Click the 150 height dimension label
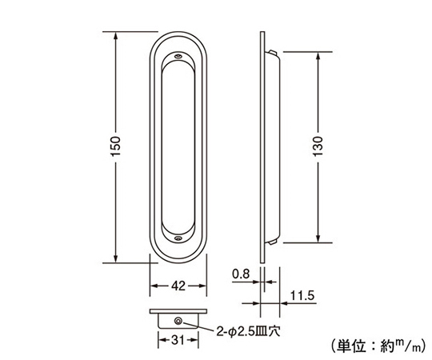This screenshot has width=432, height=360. [x=116, y=146]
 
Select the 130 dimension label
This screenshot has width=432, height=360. [x=318, y=146]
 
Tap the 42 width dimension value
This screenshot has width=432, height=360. [x=178, y=286]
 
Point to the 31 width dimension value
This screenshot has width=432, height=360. [x=178, y=341]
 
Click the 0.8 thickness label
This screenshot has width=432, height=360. [x=241, y=274]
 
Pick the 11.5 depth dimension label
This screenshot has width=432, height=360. [x=302, y=296]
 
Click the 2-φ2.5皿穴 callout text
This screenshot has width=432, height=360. [x=248, y=331]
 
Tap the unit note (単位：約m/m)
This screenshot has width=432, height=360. [x=379, y=346]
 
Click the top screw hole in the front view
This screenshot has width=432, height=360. [x=178, y=56]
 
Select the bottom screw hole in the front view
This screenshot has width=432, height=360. [x=178, y=238]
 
